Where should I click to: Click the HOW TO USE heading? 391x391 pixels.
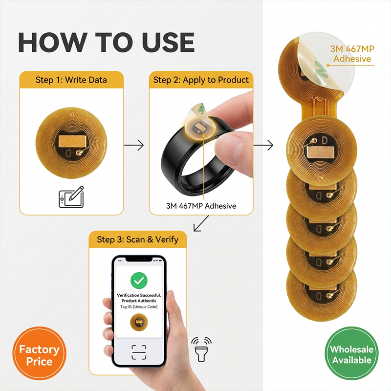[106, 43]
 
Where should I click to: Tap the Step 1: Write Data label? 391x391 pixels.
[71, 80]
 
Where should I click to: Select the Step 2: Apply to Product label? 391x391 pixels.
[201, 80]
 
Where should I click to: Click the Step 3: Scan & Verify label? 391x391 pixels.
[138, 239]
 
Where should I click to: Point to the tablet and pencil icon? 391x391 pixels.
[71, 197]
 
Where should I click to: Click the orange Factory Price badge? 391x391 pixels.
[40, 353]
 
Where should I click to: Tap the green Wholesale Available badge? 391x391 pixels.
[351, 353]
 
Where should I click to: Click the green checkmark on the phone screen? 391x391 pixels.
[139, 281]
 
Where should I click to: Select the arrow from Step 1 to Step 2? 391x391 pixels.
[134, 145]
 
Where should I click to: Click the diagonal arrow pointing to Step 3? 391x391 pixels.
[201, 223]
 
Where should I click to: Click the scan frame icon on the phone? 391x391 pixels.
[139, 352]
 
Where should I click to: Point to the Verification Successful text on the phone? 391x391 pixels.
[139, 295]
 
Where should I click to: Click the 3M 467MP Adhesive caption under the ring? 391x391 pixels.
[201, 206]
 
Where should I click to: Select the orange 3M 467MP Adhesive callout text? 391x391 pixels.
[352, 54]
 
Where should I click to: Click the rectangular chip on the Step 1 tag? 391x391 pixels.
[72, 141]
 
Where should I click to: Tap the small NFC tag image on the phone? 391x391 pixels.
[139, 322]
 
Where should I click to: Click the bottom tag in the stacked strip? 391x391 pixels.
[322, 294]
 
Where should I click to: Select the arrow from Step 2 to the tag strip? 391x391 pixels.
[263, 145]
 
